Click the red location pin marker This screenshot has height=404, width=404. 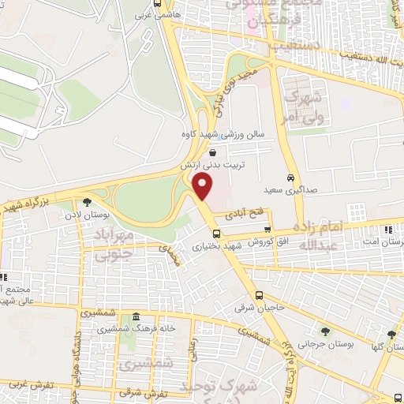[204, 187]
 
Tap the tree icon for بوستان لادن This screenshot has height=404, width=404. [98, 200]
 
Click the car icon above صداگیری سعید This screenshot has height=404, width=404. [291, 178]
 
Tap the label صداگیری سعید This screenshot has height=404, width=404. [283, 190]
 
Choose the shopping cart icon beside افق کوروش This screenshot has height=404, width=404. [267, 229]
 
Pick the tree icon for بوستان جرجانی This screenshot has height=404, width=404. [324, 331]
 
